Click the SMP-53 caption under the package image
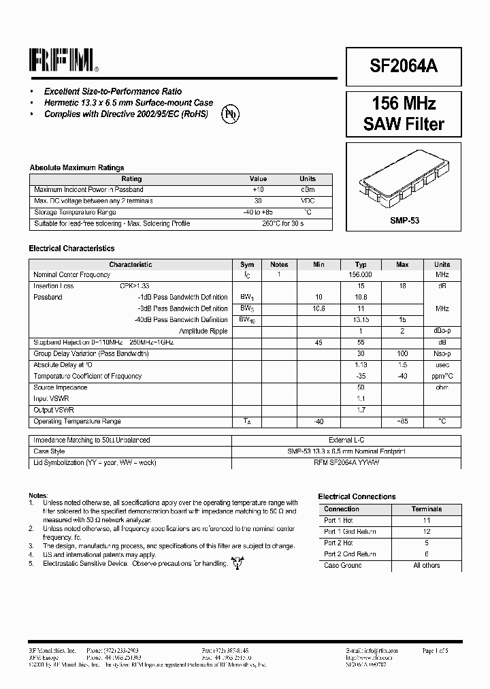(x=404, y=221)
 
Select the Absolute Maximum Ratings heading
(x=76, y=167)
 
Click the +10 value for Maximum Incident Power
(x=258, y=189)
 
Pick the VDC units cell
(x=308, y=201)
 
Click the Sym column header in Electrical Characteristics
(x=247, y=264)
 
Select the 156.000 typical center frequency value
(x=361, y=274)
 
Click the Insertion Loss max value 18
(x=402, y=286)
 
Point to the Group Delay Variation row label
(x=91, y=353)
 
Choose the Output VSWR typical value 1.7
(x=361, y=410)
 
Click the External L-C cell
(x=346, y=440)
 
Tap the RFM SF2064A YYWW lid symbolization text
(x=346, y=462)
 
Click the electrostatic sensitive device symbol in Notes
(x=237, y=562)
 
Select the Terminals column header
(x=427, y=509)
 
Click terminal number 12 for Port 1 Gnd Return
(x=427, y=531)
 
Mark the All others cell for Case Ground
(x=427, y=565)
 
